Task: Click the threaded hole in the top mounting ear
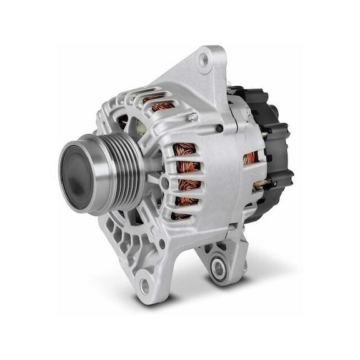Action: pos(203,61)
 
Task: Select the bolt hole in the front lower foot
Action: pos(144,286)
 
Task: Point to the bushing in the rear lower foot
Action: pos(218,268)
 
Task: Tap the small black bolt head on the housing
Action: pos(219,128)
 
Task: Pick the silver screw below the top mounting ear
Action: pos(193,117)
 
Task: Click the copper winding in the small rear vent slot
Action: pos(249,158)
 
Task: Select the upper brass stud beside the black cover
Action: pos(264,134)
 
